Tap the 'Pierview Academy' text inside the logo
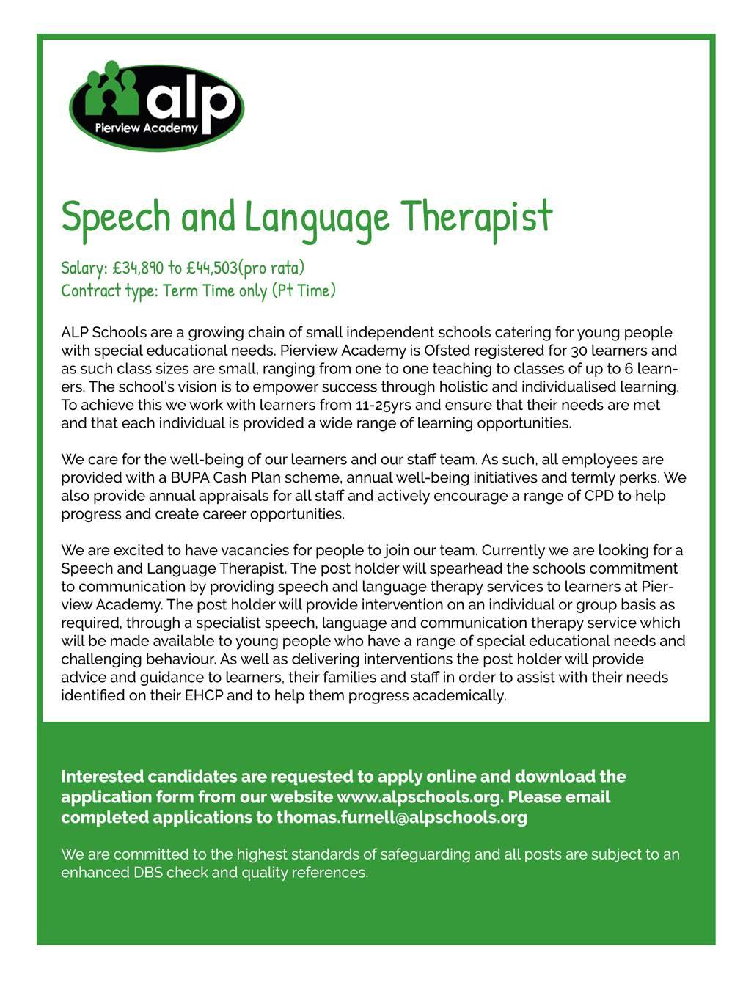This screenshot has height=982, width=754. tap(147, 128)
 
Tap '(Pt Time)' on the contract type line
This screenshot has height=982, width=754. tap(304, 290)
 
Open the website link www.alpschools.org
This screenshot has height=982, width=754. tap(419, 797)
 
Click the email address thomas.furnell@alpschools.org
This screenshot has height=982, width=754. tap(401, 818)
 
